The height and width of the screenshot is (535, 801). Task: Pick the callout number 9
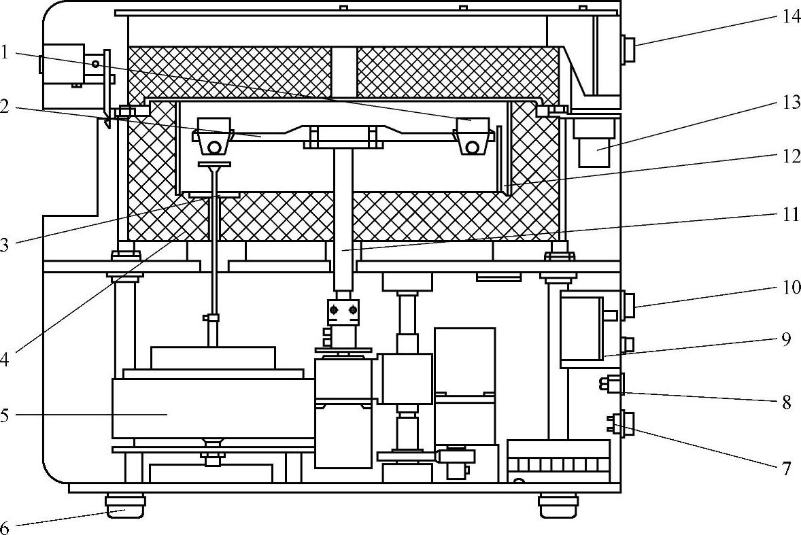point(787,339)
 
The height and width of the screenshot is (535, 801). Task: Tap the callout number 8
point(787,402)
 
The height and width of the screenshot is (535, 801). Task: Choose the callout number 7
point(787,468)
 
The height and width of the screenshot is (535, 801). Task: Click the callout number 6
point(5,527)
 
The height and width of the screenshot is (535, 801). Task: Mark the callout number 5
point(5,414)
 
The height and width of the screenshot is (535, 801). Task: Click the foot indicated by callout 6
point(126,504)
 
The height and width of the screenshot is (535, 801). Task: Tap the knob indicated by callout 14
point(628,50)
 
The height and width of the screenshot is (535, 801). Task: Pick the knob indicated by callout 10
point(629,305)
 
